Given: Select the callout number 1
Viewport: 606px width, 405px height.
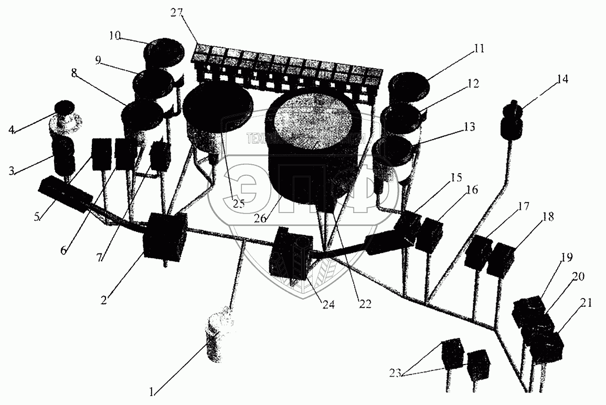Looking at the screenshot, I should point(152,391).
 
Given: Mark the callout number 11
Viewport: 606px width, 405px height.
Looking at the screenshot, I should point(479,49).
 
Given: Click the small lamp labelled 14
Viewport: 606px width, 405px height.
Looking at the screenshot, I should point(512,121).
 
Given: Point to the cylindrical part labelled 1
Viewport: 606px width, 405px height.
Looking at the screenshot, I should point(219,338).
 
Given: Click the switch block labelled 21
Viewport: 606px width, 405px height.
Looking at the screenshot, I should point(547,346).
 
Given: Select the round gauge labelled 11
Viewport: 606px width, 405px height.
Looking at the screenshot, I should point(409,88).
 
